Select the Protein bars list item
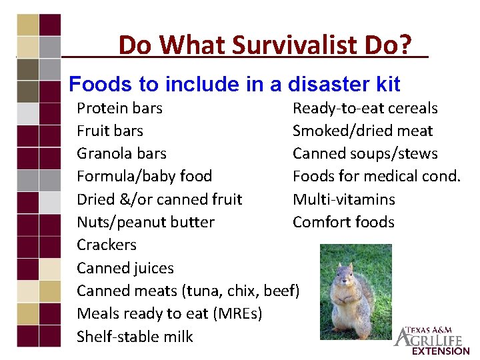tap(119, 108)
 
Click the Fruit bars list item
tap(110, 131)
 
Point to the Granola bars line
tap(121, 153)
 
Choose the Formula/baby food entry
tap(144, 177)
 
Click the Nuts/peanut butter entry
tap(145, 222)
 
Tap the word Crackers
tap(107, 245)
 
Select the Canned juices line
tap(125, 268)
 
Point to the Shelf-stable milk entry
tap(135, 337)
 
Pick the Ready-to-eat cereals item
tap(365, 108)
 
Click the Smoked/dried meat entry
tap(363, 131)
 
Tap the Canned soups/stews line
tap(365, 153)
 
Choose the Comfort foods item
tap(343, 222)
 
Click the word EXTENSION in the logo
tap(441, 351)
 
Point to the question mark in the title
tap(407, 45)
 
